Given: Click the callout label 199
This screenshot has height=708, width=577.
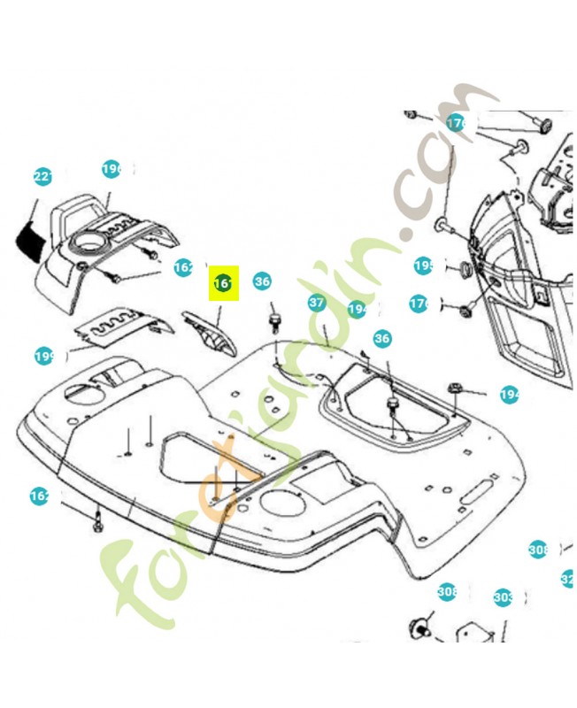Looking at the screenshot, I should [x=45, y=357].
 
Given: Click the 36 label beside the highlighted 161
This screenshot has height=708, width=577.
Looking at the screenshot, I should [x=262, y=281].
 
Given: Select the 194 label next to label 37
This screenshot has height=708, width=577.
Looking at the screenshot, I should [x=358, y=309].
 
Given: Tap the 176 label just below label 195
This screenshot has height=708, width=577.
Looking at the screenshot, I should [x=419, y=304].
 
